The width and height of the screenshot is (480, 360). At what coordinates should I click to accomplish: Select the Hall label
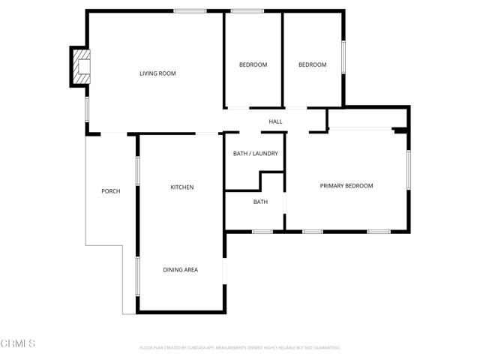(x=275, y=121)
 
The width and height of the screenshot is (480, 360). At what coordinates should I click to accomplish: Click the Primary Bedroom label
(x=346, y=186)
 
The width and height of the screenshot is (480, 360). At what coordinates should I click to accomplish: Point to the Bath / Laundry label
(x=255, y=154)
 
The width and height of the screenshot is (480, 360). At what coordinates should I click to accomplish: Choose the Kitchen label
(x=182, y=187)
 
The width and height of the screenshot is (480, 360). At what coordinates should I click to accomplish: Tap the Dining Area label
(x=181, y=269)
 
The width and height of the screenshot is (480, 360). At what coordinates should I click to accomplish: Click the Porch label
(x=110, y=191)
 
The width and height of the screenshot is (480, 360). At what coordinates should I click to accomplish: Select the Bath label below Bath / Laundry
(x=260, y=202)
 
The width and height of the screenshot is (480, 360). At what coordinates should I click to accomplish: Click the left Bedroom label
(x=253, y=64)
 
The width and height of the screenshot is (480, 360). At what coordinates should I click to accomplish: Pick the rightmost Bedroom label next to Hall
(x=312, y=64)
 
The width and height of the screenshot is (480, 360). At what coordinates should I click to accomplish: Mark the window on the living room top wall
(x=190, y=10)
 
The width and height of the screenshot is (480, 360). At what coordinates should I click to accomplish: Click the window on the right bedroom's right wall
(x=343, y=56)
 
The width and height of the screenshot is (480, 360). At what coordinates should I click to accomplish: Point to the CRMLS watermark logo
(x=18, y=343)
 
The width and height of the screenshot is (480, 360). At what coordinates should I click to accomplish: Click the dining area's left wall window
(x=137, y=275)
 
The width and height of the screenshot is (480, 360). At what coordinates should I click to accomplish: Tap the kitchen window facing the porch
(x=137, y=169)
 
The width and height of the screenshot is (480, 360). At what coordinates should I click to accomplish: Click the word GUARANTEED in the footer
(x=325, y=348)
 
